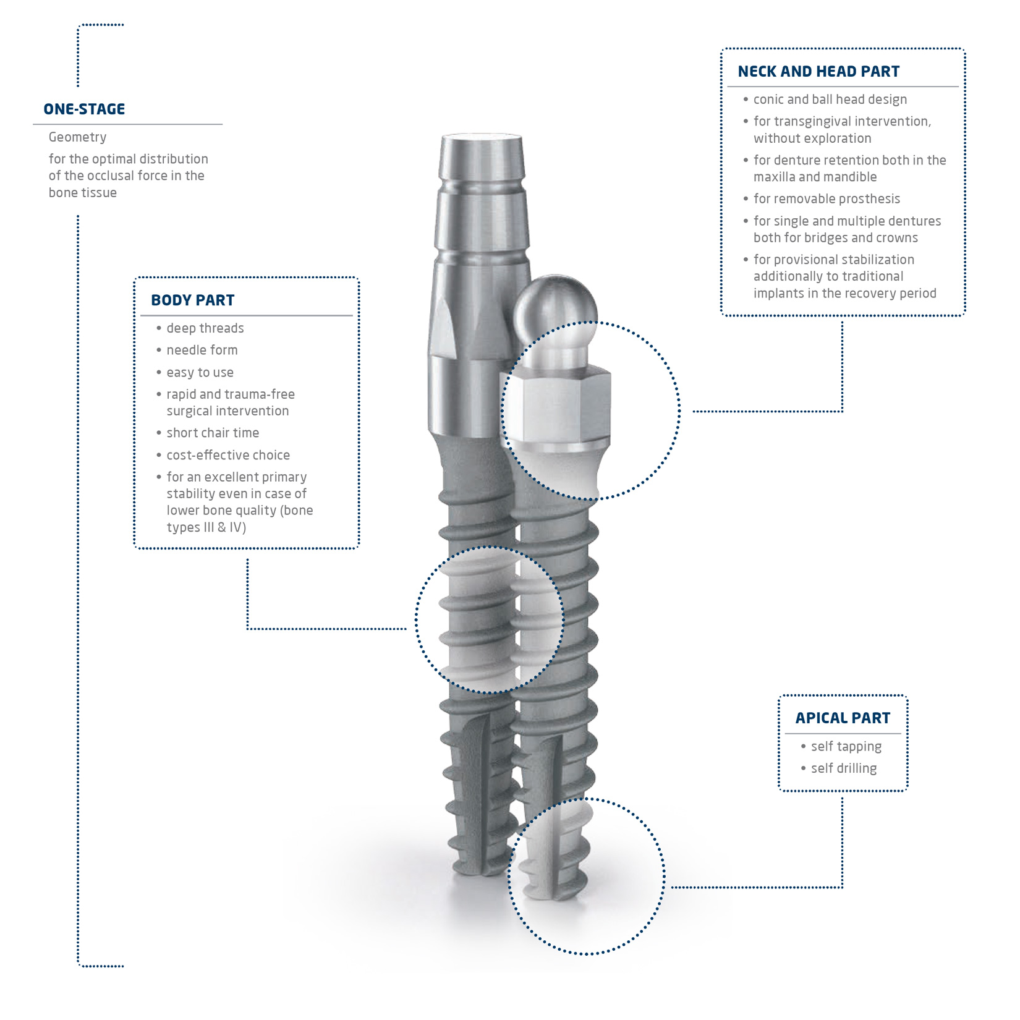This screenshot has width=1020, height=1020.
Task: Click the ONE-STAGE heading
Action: point(84,109)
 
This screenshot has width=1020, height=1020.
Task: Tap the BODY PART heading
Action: point(192,300)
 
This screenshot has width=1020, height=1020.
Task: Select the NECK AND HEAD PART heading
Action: point(818,72)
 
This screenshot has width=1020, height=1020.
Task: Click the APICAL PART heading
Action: point(843,718)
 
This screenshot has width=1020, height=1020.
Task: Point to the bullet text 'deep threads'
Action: point(205,328)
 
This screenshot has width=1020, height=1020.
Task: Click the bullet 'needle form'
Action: point(202,351)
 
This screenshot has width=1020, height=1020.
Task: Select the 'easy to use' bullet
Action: point(200,373)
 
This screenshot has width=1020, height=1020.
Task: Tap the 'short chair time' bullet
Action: point(212,433)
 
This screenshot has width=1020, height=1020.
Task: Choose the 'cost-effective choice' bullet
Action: point(227,456)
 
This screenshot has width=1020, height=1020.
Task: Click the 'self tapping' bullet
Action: point(846,747)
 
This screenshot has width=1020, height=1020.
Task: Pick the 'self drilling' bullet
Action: point(843,768)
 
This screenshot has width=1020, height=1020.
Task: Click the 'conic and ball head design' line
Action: point(830,100)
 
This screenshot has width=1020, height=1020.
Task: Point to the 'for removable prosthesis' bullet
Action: point(827,199)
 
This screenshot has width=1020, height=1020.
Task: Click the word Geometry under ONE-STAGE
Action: point(77,137)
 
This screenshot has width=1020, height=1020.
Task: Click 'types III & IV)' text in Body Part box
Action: point(206,527)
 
